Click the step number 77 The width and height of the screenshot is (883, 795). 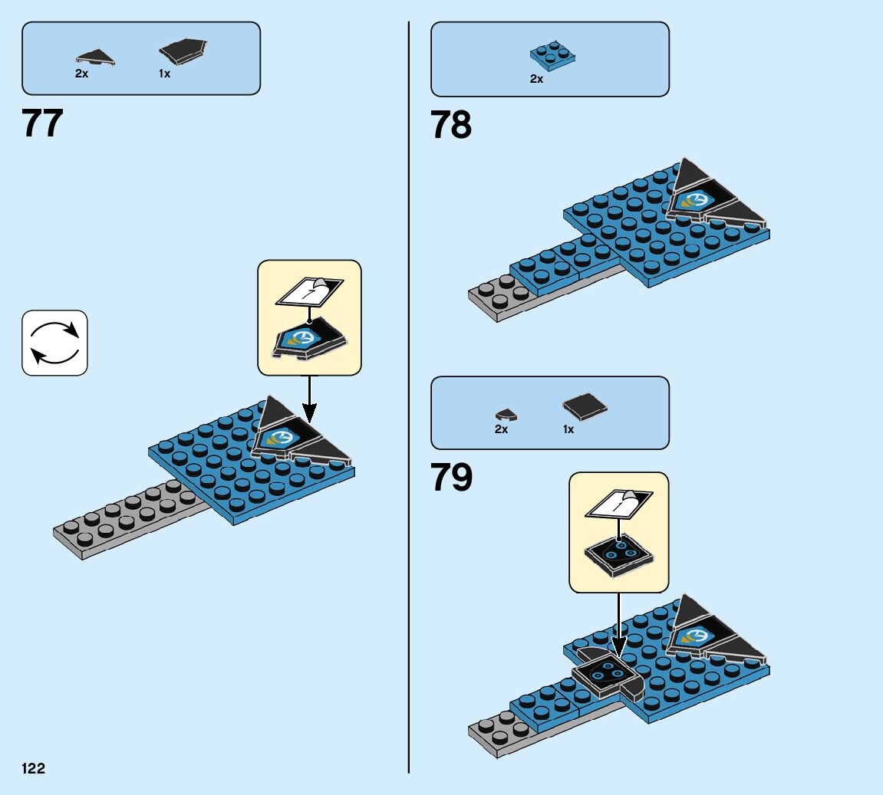(x=43, y=123)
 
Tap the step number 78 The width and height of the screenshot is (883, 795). (x=451, y=125)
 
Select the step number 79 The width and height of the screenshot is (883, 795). (x=451, y=478)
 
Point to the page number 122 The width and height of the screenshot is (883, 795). (x=34, y=768)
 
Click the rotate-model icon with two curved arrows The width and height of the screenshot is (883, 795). (x=54, y=343)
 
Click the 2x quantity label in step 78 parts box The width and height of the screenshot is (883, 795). (x=536, y=79)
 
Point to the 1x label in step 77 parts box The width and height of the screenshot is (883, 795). (x=164, y=74)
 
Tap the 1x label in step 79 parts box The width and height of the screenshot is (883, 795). (x=568, y=429)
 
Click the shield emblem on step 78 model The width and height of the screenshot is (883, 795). (x=697, y=201)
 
